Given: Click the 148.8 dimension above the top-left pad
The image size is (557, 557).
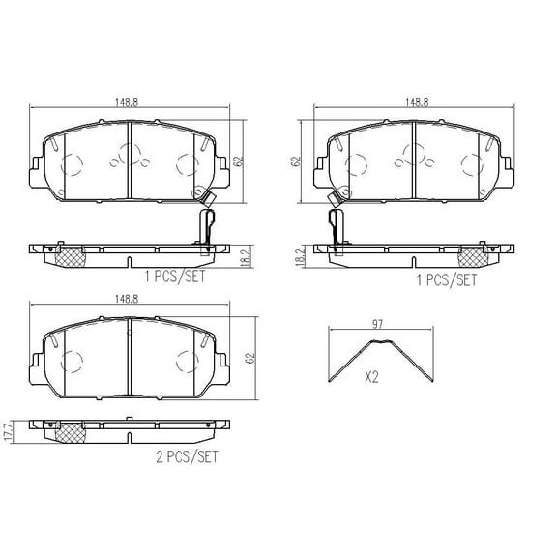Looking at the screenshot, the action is (127, 103).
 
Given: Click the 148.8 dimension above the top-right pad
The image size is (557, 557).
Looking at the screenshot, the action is (417, 103).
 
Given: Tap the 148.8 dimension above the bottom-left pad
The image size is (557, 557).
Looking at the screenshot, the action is (127, 299).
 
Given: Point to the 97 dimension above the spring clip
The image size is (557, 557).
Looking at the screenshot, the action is (377, 324).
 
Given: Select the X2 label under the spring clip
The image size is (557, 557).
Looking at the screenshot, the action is (371, 377).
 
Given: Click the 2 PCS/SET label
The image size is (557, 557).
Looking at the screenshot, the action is (187, 456).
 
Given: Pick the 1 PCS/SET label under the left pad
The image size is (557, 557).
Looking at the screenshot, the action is (175, 277).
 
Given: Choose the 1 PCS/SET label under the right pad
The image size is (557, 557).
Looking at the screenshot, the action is (447, 280).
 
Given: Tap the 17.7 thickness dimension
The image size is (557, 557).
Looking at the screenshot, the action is (10, 431).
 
